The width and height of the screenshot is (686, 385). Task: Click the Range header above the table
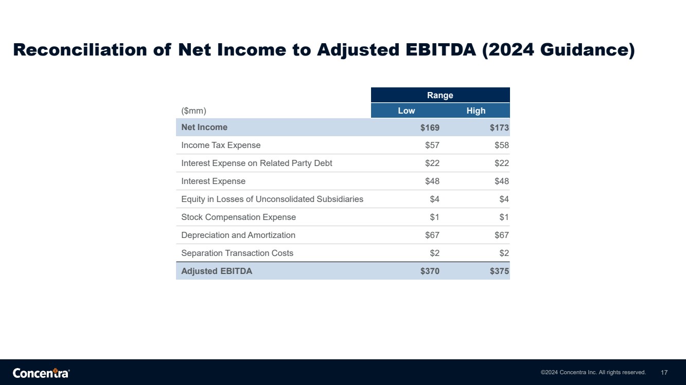[x=440, y=95]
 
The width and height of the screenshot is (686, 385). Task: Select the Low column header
[x=407, y=111]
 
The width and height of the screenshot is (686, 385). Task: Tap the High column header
[x=476, y=111]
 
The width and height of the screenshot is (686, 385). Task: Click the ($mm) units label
[x=194, y=111]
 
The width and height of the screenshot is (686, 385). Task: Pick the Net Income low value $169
[x=430, y=127]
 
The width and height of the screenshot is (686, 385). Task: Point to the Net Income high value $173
[x=500, y=127]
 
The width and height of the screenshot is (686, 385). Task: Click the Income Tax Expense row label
[x=221, y=145]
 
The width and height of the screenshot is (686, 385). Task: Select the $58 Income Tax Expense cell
[x=502, y=145]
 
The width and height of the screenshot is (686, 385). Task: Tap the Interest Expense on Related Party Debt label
[x=257, y=163]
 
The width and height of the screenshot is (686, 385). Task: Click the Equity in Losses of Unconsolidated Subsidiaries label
[x=272, y=199]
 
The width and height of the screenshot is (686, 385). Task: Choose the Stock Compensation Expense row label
[x=239, y=217]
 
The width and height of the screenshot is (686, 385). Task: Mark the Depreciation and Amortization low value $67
[x=432, y=235]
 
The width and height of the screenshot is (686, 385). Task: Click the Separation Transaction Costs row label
[x=237, y=253]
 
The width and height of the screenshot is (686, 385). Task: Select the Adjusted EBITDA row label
[x=217, y=271]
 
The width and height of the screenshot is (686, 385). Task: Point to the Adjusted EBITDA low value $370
[x=430, y=271]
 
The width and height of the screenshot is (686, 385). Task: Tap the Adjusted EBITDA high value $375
[x=500, y=271]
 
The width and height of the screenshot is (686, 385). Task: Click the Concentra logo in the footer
[x=41, y=373]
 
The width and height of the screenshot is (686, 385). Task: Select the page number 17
[x=664, y=373]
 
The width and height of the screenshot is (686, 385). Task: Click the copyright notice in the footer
[x=593, y=372]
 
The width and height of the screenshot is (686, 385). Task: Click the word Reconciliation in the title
[x=80, y=49]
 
